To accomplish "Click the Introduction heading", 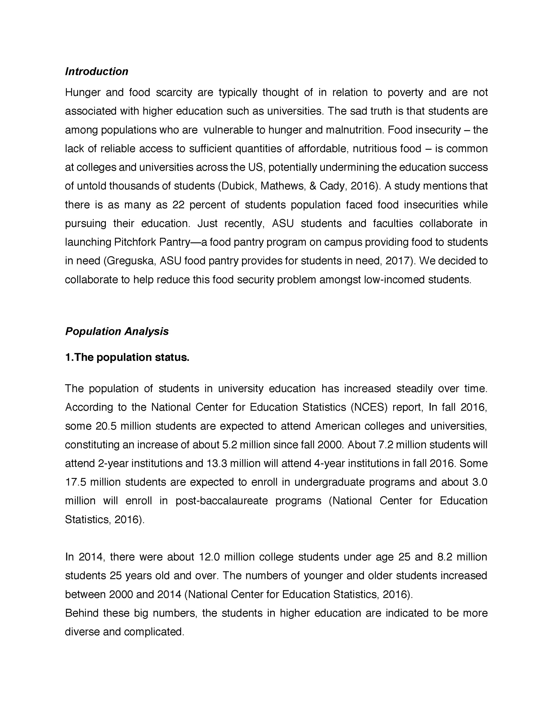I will pos(96,71).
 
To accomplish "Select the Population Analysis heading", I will pos(117,331).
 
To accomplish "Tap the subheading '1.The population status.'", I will pos(127,357).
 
